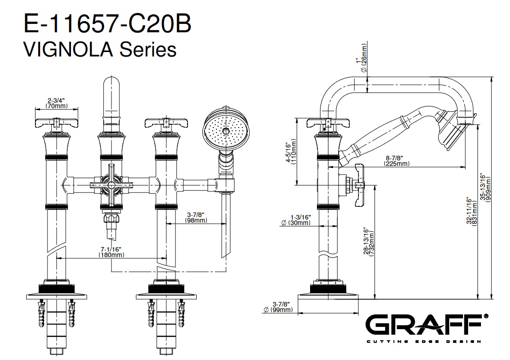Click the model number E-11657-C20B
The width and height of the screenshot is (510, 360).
pos(107,23)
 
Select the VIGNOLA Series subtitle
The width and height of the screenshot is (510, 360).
pos(100,50)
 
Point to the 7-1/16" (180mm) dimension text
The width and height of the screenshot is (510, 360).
pos(111,252)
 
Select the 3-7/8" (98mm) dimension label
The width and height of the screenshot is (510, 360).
pos(196,217)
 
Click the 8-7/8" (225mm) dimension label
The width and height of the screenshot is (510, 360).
pos(397,161)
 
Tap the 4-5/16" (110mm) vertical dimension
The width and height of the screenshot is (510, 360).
pos(291,152)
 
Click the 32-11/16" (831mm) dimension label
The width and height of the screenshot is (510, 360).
pos(472,211)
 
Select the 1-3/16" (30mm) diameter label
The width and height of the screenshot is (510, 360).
pos(296,220)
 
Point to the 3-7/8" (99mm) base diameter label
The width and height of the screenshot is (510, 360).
pos(278,307)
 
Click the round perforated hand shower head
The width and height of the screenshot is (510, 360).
pos(223,128)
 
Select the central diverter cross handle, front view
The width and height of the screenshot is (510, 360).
pos(111,185)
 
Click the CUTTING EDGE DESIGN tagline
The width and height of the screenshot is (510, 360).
pos(424,342)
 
